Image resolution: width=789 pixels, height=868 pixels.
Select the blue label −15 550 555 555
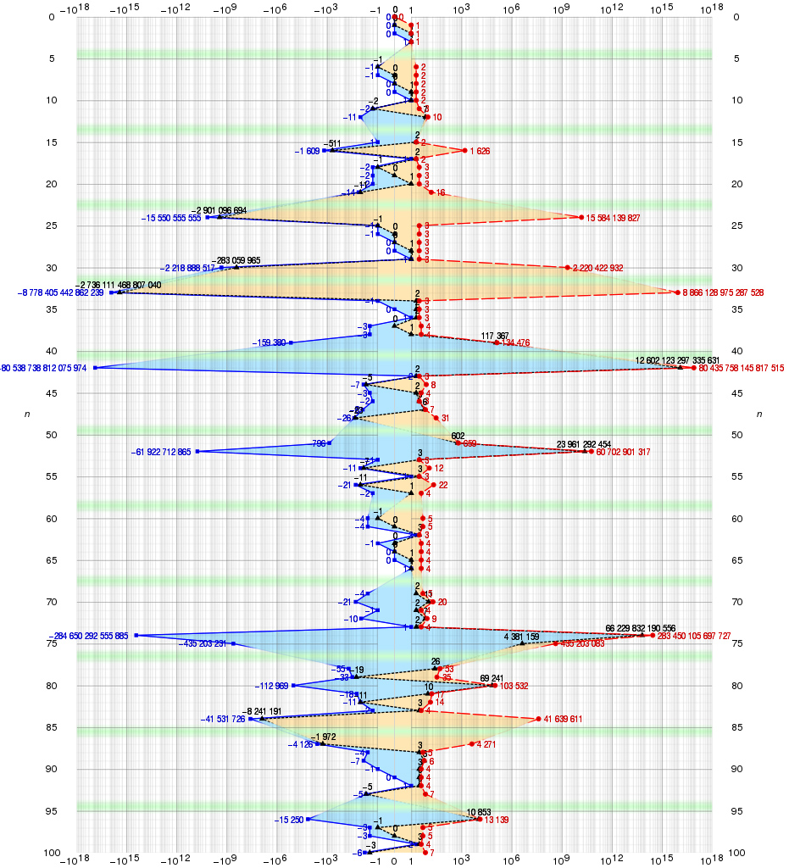(x=171, y=219)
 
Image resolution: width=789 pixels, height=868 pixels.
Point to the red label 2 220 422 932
(x=598, y=269)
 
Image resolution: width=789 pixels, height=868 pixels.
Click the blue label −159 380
(x=269, y=343)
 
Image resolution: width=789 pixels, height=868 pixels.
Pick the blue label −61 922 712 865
(x=161, y=452)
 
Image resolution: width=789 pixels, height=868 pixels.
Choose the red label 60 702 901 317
(x=623, y=452)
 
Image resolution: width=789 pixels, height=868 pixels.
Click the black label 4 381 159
(x=521, y=637)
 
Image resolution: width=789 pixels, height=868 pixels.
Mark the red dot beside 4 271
(x=472, y=744)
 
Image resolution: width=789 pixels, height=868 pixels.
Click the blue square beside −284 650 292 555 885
(x=136, y=636)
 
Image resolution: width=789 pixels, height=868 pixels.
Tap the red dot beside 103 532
(x=495, y=686)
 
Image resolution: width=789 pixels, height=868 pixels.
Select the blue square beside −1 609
(x=324, y=151)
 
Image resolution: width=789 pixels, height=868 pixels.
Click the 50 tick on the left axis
(x=51, y=435)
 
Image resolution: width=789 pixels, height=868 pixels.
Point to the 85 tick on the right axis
(x=737, y=727)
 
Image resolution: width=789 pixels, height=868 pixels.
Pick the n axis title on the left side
(x=30, y=414)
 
